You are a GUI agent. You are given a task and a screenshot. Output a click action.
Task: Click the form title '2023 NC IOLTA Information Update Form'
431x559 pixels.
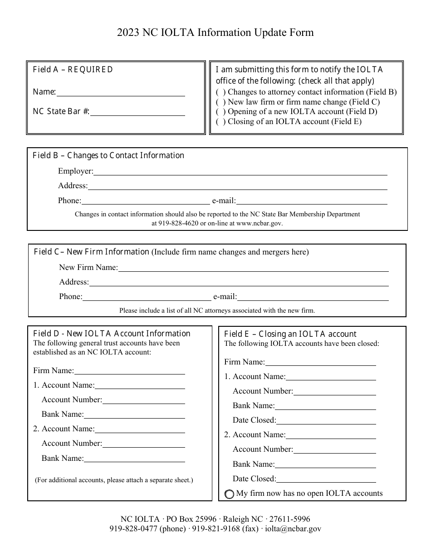tap(215, 33)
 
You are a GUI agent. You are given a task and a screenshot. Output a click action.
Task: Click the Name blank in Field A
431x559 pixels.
tap(120, 92)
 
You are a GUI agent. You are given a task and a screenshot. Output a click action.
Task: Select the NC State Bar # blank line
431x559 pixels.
tap(137, 112)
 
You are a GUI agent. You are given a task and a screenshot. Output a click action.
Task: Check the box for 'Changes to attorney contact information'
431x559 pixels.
tap(220, 92)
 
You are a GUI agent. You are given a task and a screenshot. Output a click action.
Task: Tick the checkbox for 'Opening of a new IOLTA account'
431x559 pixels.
tap(220, 112)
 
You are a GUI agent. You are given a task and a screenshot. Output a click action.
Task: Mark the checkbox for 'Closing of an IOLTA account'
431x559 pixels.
tap(220, 122)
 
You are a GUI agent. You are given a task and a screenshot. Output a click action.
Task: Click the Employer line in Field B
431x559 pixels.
tap(240, 171)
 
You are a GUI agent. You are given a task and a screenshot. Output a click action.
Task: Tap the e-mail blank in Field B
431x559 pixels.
tap(312, 200)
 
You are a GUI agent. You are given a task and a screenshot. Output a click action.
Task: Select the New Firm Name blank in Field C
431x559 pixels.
tap(253, 268)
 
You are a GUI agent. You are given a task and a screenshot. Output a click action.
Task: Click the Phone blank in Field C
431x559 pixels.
tap(147, 297)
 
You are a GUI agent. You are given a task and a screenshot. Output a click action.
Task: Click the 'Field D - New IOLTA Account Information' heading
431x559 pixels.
tap(112, 334)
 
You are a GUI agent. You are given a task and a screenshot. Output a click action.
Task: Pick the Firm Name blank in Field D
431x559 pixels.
tap(130, 370)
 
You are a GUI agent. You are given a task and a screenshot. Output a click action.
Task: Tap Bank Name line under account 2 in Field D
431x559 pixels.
tap(135, 458)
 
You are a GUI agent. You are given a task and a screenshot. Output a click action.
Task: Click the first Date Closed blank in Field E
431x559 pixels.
tap(326, 420)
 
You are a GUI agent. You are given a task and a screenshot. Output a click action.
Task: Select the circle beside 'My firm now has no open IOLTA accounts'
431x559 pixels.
tap(230, 494)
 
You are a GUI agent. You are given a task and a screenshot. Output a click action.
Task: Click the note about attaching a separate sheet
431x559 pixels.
tap(114, 480)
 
